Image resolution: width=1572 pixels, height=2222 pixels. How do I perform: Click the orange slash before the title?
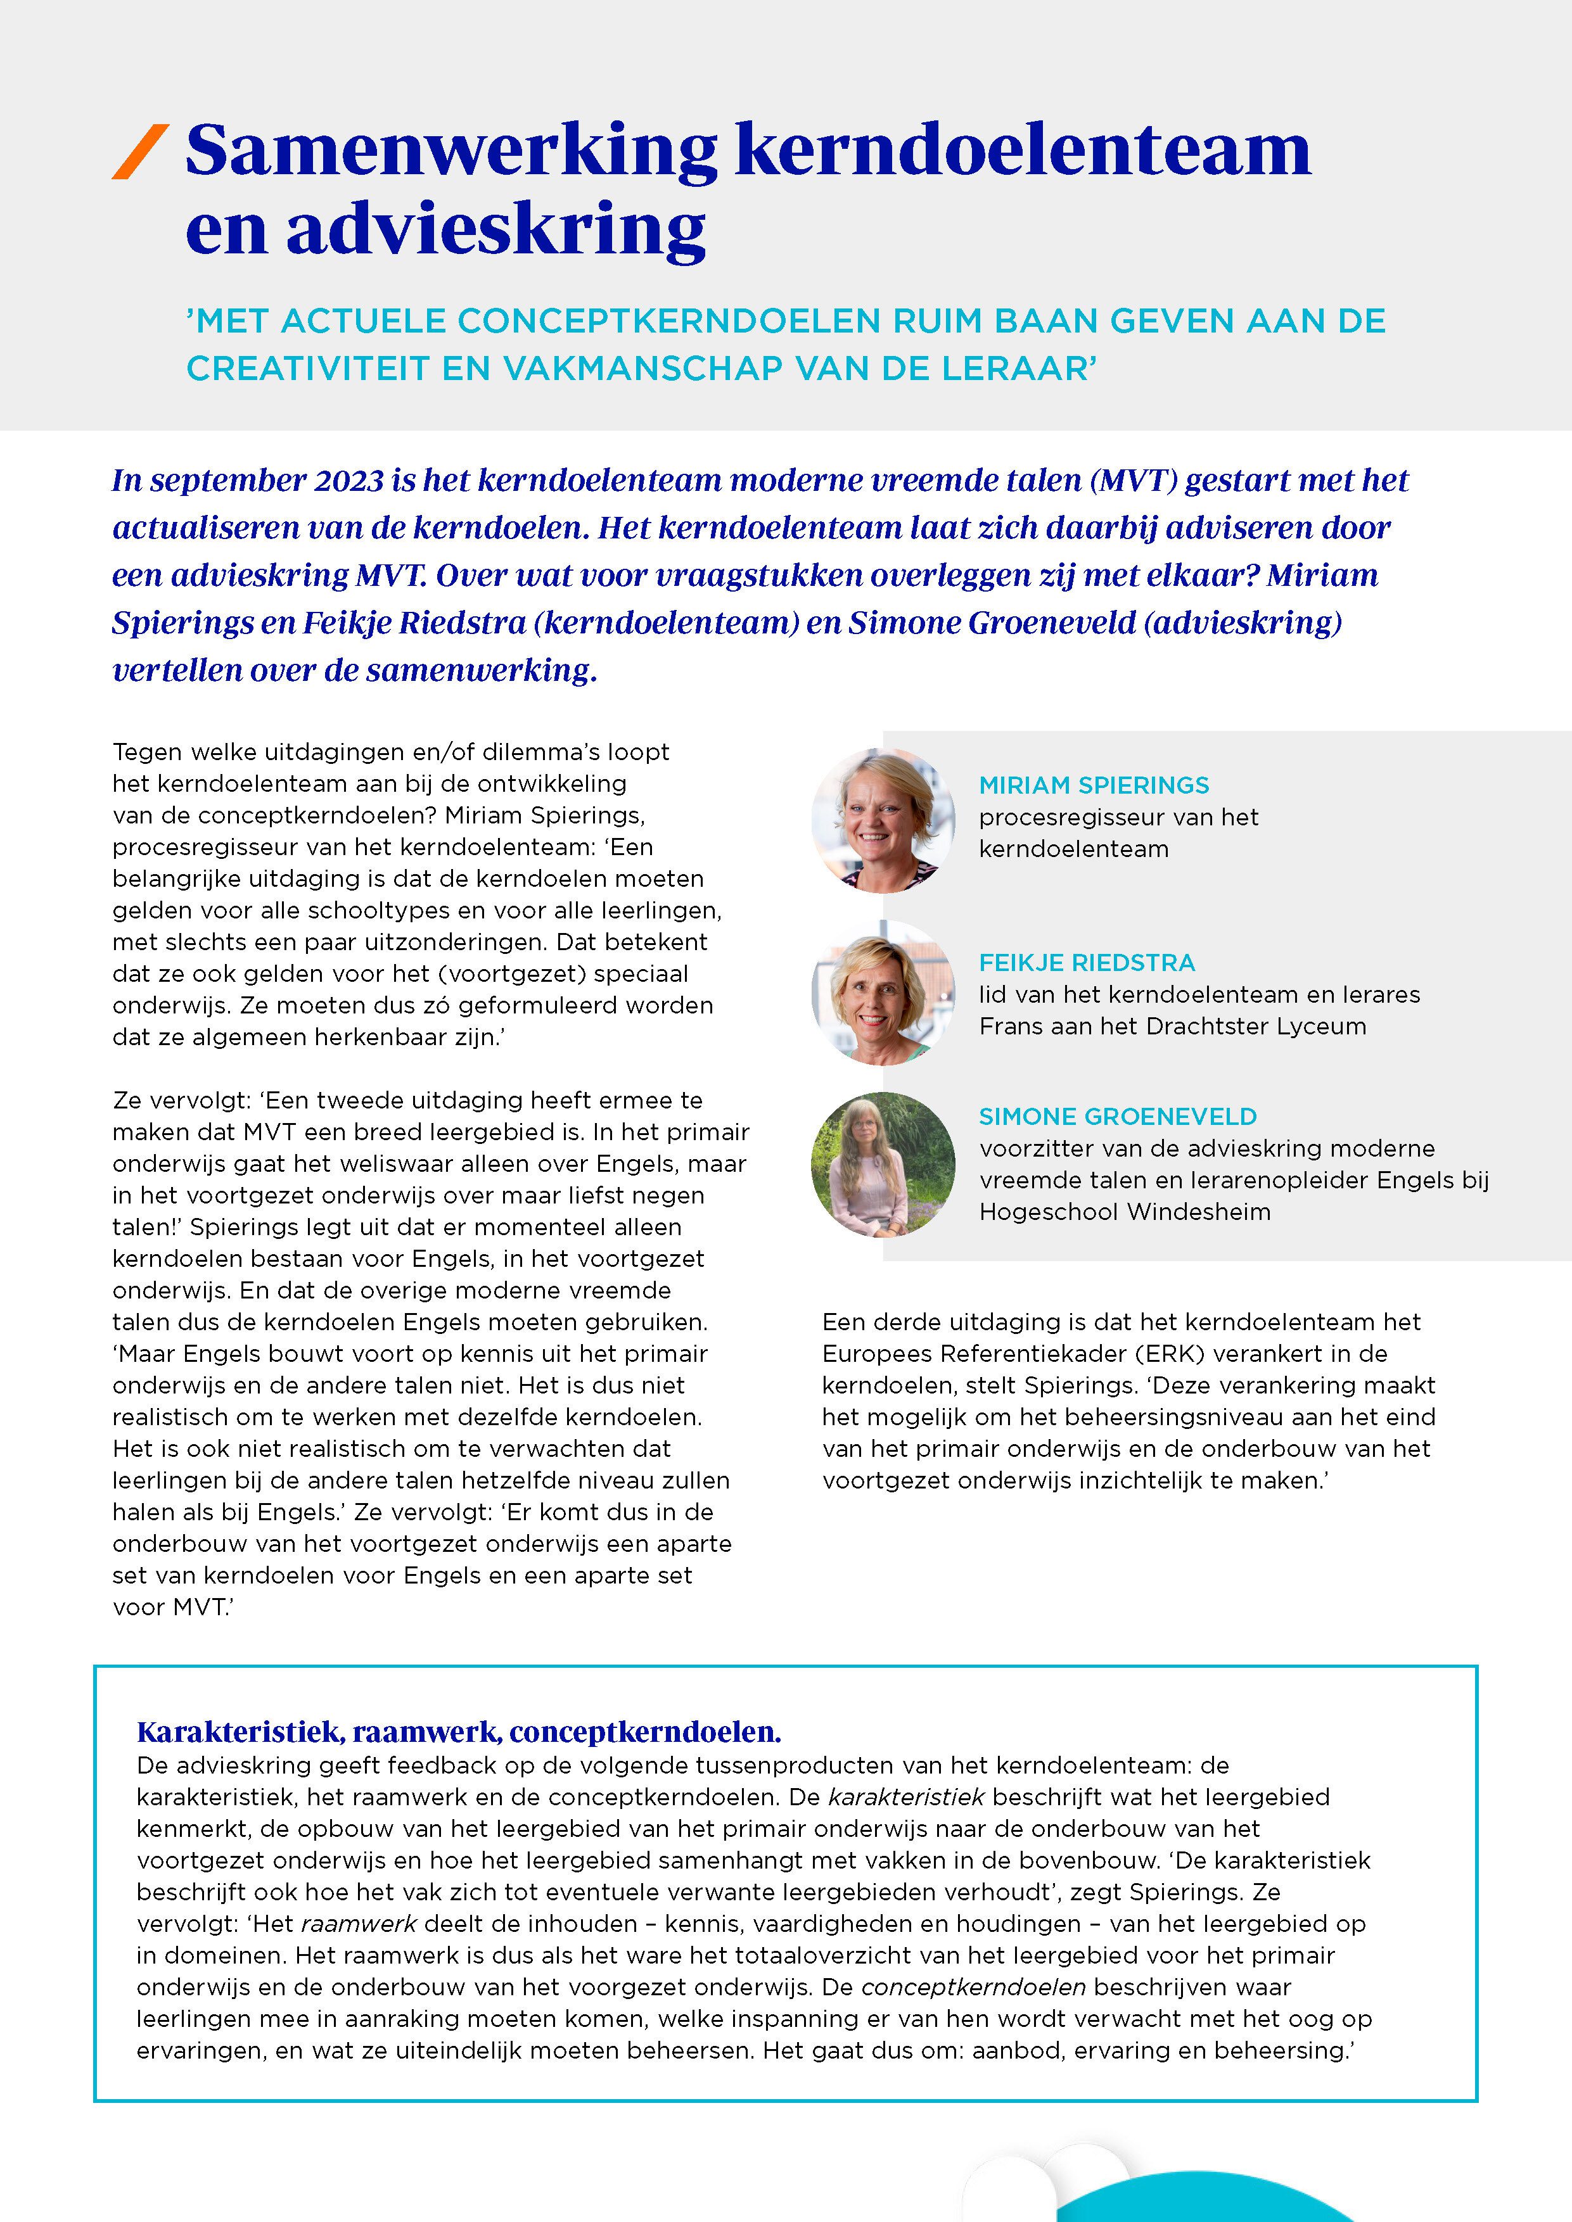(x=141, y=152)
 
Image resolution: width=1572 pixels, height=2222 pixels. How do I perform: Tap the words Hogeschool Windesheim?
(x=1125, y=1212)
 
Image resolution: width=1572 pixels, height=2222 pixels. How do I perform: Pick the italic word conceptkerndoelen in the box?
(x=973, y=1987)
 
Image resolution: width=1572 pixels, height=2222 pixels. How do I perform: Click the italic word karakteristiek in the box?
(x=906, y=1797)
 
